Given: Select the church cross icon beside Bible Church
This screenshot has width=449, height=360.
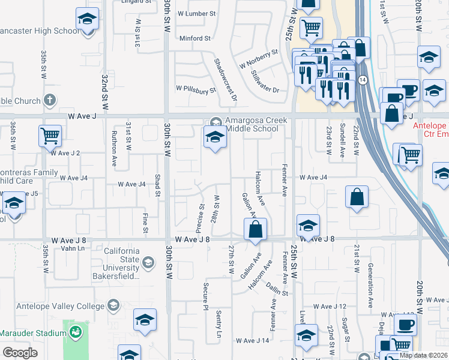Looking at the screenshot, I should (x=50, y=100).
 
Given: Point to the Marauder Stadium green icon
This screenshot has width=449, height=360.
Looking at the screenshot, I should (x=76, y=332).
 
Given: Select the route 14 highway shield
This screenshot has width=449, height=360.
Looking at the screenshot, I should (x=362, y=79).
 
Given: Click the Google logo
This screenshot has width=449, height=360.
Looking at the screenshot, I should (x=20, y=352).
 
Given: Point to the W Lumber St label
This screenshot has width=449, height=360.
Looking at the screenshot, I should (x=193, y=13).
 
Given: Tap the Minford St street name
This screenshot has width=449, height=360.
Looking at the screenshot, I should (x=195, y=38).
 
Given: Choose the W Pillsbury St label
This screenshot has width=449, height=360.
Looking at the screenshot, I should (x=196, y=90).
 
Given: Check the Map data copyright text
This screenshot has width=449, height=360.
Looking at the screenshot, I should (x=423, y=355).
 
